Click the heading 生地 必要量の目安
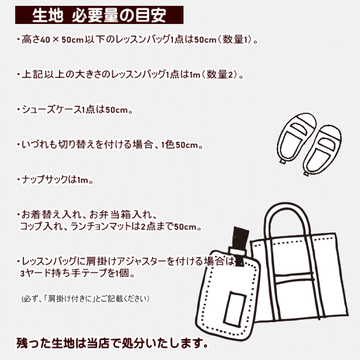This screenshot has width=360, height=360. coord(99,15)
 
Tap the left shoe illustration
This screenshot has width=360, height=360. coord(296,138)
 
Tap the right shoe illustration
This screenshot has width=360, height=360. coord(322,150)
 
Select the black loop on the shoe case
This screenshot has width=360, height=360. coord(239,243)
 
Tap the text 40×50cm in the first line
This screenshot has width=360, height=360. coord(62,39)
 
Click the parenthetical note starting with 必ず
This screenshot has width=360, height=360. coord(85,298)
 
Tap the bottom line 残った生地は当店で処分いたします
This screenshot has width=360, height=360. coord(112,343)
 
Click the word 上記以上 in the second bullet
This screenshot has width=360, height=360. coord(43,74)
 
